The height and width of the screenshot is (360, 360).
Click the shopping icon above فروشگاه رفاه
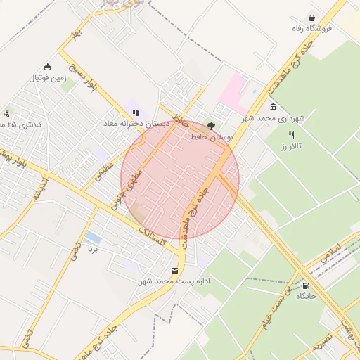click(311, 18)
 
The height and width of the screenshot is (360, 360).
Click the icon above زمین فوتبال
click(47, 67)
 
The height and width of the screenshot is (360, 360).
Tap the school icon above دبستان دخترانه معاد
click(136, 112)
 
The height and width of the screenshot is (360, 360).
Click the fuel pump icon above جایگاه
click(306, 285)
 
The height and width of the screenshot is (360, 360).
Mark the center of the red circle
click(180, 180)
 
